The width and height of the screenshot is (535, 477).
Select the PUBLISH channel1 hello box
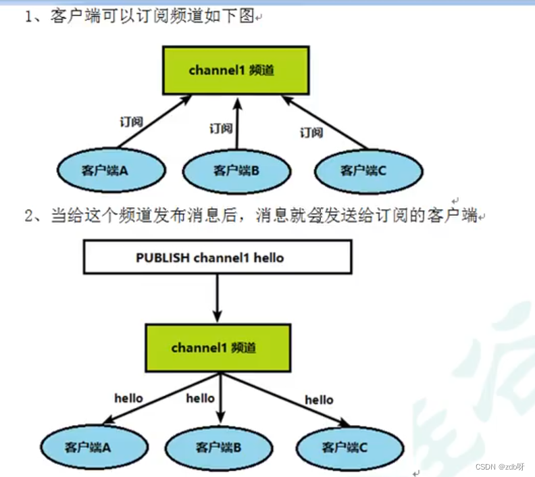tap(217, 257)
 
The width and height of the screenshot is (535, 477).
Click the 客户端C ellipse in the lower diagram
tap(345, 447)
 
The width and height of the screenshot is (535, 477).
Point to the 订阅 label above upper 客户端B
tap(220, 128)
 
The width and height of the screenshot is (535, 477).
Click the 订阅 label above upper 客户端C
tap(311, 132)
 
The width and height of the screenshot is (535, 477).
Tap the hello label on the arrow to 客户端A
tap(128, 398)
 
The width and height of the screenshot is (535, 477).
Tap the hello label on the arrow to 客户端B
tap(200, 398)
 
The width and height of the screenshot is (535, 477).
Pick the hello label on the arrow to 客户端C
tap(319, 400)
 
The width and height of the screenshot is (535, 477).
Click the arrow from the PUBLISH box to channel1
tap(217, 297)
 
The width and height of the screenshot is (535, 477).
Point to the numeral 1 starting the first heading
tap(30, 17)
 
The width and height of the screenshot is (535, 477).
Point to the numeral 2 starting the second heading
tap(29, 216)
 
